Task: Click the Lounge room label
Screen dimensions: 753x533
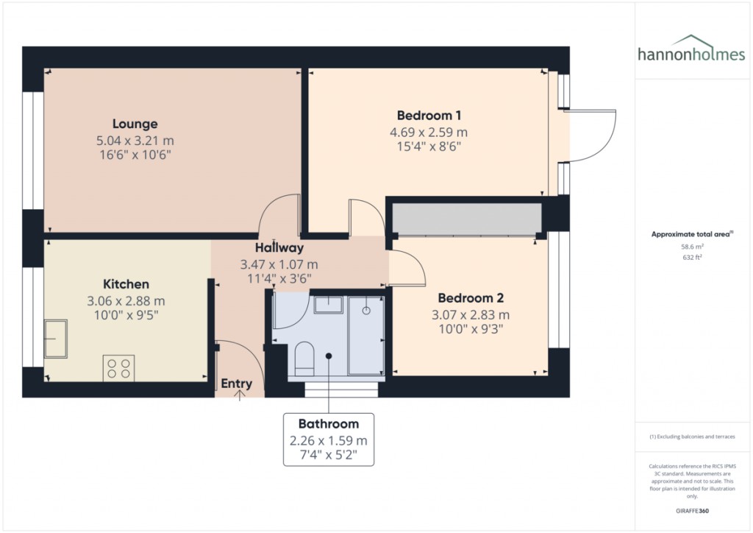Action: click(135, 124)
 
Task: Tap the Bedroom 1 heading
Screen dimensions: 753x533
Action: click(429, 116)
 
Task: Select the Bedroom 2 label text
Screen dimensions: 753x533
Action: click(471, 298)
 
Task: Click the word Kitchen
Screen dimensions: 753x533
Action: click(126, 284)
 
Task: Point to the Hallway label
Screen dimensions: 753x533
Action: click(279, 248)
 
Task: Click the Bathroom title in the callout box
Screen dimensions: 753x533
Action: click(329, 423)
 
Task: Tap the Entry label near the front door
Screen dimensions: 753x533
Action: click(236, 384)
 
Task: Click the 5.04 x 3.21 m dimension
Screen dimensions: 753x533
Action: click(135, 141)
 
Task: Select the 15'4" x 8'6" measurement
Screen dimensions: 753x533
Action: click(429, 147)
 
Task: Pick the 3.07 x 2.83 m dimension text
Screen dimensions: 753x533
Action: click(471, 315)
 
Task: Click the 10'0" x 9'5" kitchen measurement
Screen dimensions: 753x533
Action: click(126, 315)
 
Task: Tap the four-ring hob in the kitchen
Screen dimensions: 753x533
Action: click(118, 369)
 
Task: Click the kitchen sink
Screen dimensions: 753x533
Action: click(56, 339)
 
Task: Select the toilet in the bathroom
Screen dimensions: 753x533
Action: click(304, 359)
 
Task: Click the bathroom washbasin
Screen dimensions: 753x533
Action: click(329, 305)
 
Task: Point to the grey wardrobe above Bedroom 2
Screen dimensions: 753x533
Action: click(467, 219)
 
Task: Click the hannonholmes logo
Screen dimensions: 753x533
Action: click(691, 49)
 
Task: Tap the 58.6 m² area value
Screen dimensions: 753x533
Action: click(692, 247)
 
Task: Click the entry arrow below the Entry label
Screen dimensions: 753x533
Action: click(239, 395)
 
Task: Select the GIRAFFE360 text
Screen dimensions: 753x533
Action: click(692, 511)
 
